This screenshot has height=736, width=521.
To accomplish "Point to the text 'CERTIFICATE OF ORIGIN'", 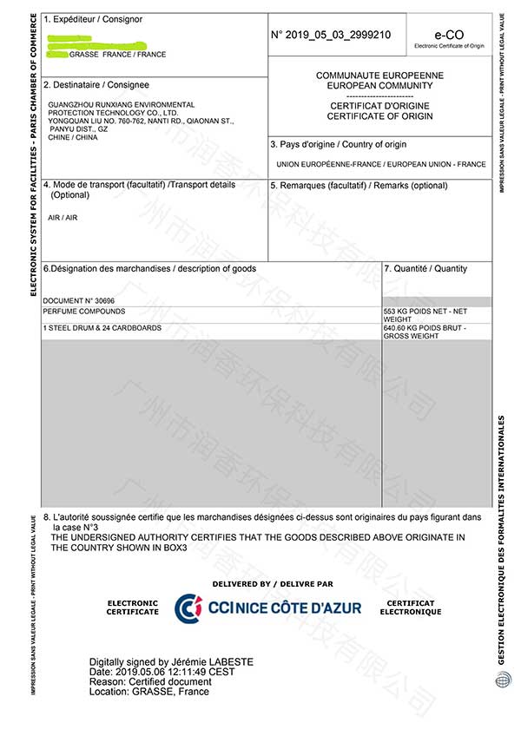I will point(379,115).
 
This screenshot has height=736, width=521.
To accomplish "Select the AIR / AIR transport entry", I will point(63,217).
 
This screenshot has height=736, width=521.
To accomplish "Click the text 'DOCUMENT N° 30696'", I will point(78,300).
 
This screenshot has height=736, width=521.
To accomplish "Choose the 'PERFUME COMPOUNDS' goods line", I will point(83,311).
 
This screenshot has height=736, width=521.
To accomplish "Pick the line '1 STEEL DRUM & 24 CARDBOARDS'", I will point(102,328).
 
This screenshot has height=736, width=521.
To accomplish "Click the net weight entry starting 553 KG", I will point(425,314).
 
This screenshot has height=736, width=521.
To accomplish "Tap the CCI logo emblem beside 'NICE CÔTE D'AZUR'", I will point(188,608).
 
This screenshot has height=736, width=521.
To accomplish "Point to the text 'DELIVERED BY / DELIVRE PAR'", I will point(272,584).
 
